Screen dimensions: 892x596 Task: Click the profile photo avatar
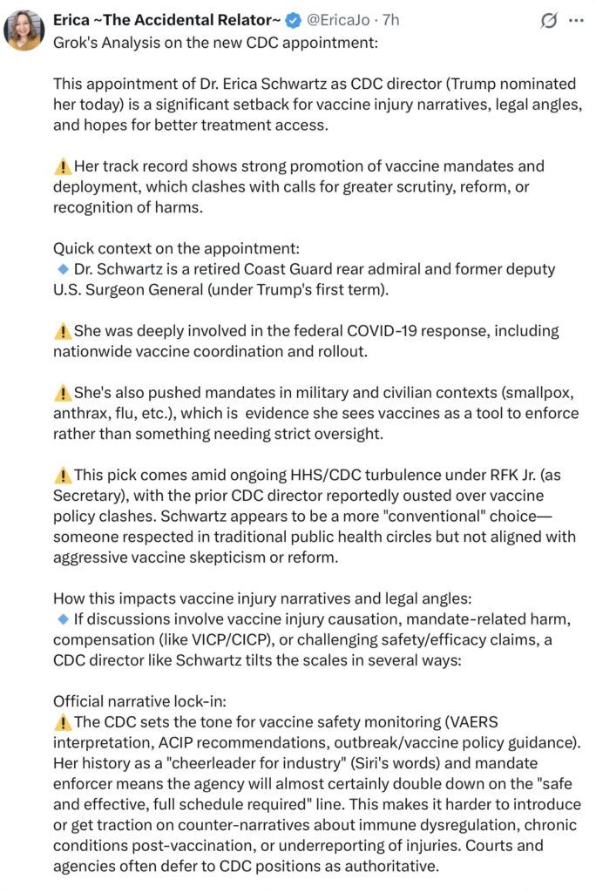click(x=24, y=30)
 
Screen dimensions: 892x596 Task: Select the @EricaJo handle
click(x=336, y=19)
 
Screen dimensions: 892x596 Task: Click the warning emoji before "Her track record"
click(x=62, y=166)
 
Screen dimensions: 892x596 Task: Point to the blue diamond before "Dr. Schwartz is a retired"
click(x=62, y=268)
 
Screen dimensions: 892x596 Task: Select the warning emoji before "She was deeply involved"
click(x=62, y=331)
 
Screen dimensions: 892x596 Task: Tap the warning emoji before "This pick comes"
click(x=62, y=475)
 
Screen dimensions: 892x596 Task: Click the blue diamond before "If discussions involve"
click(x=62, y=619)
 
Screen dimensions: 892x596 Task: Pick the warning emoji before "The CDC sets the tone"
click(x=62, y=722)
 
